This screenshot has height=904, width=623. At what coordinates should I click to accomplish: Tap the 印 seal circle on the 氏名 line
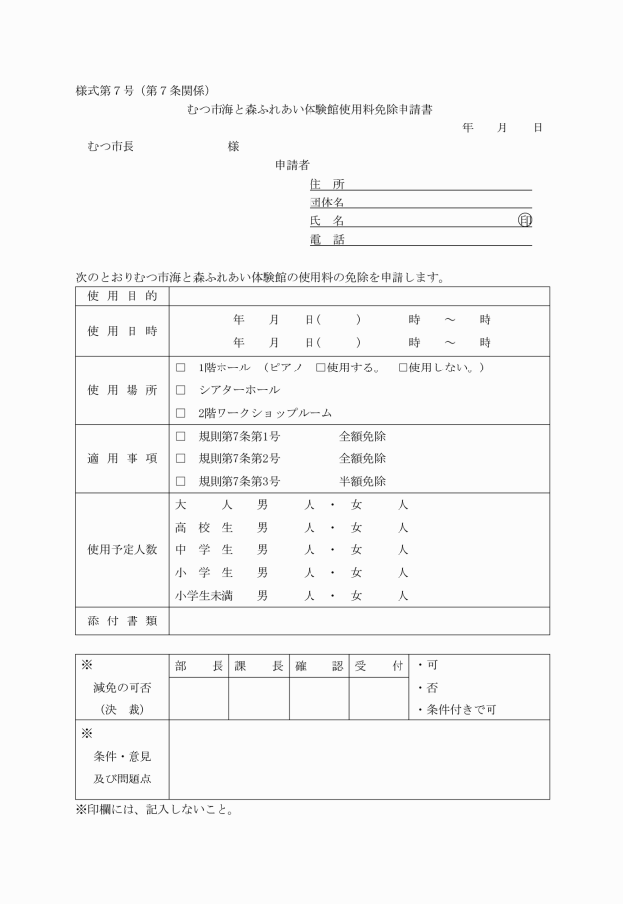tap(525, 220)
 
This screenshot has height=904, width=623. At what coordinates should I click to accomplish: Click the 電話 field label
tap(320, 240)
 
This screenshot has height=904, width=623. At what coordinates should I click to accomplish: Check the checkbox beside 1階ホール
tap(180, 368)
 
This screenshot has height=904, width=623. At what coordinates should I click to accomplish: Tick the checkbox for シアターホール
tap(180, 390)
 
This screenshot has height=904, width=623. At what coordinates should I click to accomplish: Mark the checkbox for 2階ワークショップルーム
tap(180, 413)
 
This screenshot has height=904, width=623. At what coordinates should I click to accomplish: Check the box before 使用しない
tap(402, 368)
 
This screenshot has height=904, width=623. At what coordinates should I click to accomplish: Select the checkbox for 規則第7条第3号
tap(180, 481)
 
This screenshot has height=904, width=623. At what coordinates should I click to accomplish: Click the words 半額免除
tap(362, 481)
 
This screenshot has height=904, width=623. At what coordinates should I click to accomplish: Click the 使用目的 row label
tap(122, 295)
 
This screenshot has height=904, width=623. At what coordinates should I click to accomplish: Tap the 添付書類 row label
tap(122, 620)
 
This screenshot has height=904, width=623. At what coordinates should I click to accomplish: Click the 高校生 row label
tap(204, 527)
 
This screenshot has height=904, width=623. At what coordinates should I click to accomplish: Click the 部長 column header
tap(199, 666)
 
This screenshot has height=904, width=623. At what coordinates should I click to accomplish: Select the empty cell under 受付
tap(379, 699)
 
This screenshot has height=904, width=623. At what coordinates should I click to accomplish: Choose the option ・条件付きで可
tap(457, 709)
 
